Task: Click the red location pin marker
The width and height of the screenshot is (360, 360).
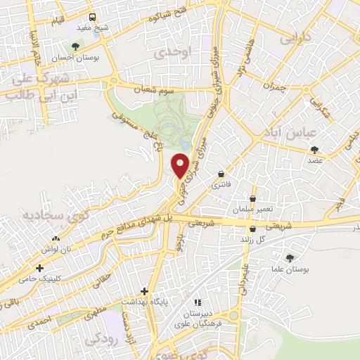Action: (181, 165)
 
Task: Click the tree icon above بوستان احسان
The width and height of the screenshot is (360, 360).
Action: (75, 46)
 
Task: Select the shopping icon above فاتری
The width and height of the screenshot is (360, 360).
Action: (221, 174)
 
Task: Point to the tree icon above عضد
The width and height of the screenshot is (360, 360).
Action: (314, 149)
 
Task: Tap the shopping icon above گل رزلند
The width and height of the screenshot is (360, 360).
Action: (252, 229)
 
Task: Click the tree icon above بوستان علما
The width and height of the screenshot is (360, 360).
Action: (290, 258)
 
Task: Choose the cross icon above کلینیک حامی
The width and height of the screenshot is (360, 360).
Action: (39, 268)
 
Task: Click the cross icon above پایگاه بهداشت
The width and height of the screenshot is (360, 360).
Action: (144, 290)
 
